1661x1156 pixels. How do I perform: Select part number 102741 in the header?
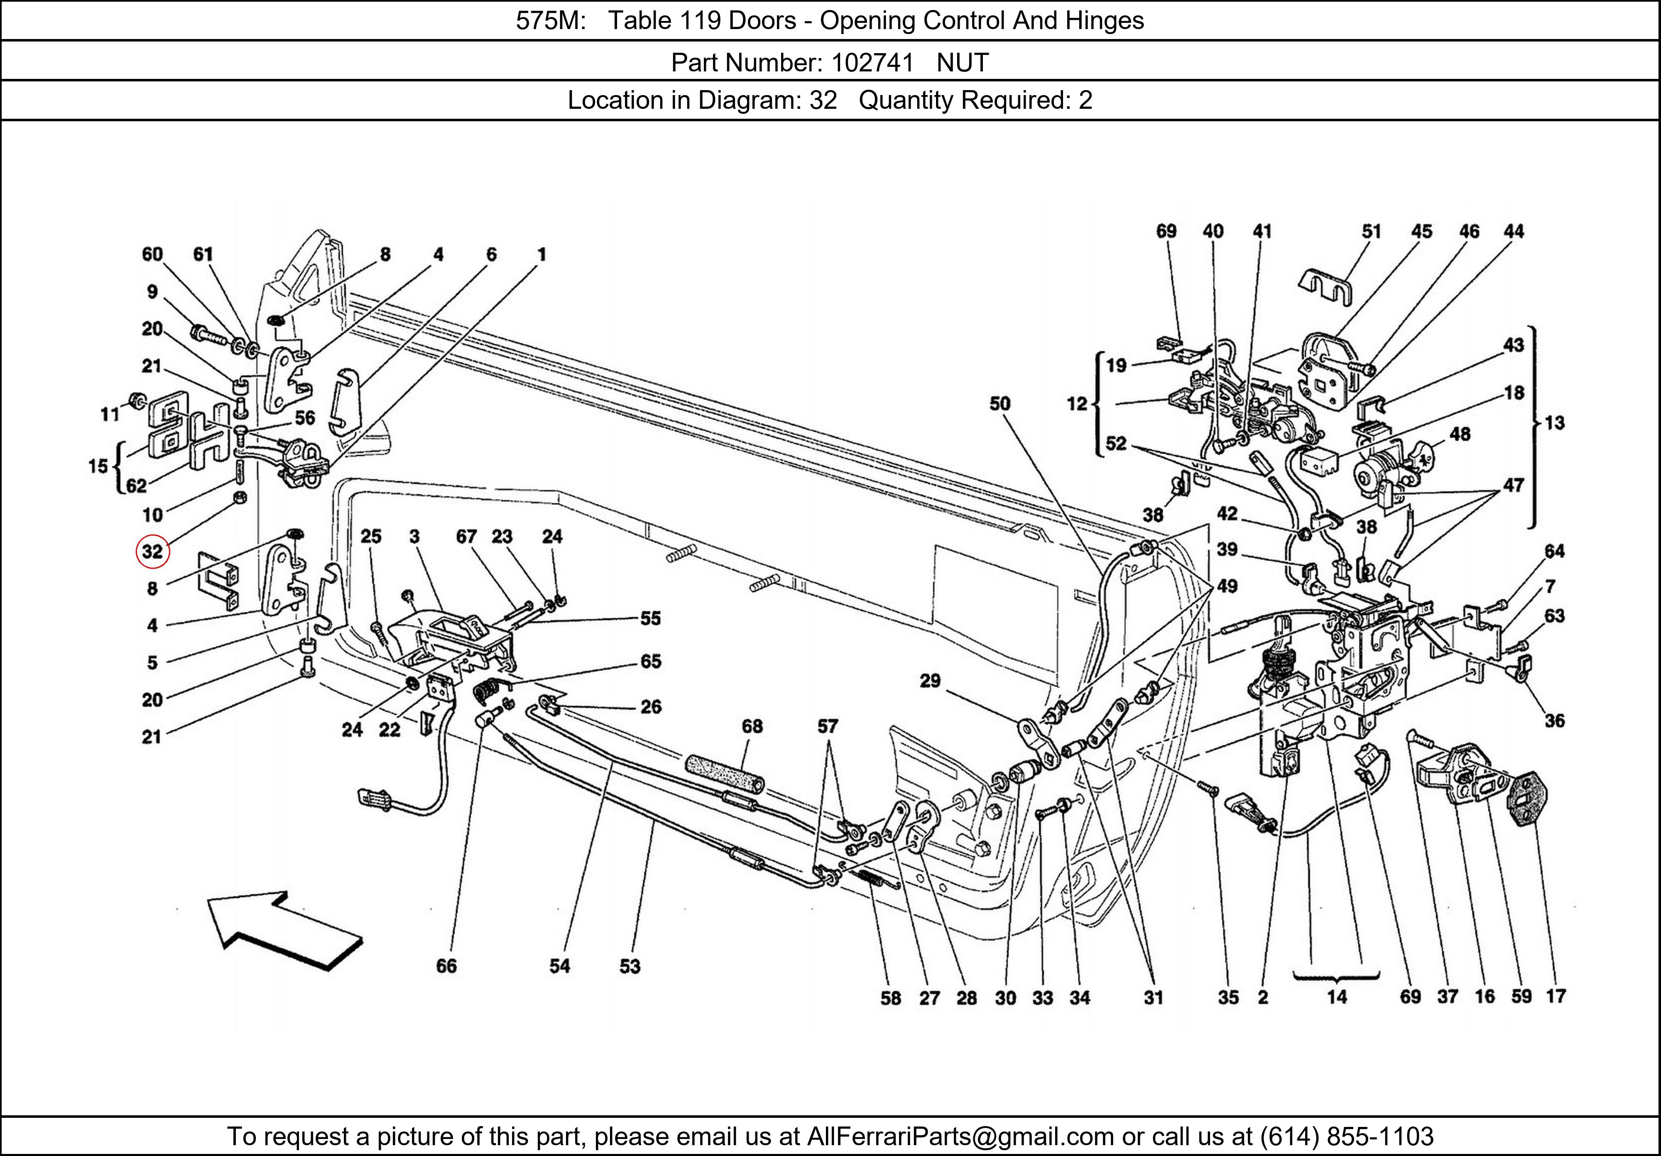point(872,63)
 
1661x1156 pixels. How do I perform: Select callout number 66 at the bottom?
point(446,966)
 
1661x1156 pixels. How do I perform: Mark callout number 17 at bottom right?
point(1556,996)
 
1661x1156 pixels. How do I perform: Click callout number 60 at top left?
point(152,254)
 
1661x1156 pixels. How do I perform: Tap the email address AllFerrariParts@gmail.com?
point(960,1136)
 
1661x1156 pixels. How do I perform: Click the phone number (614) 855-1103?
point(1347,1136)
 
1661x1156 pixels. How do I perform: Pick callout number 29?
point(930,680)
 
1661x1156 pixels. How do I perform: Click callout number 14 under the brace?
point(1337,997)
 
